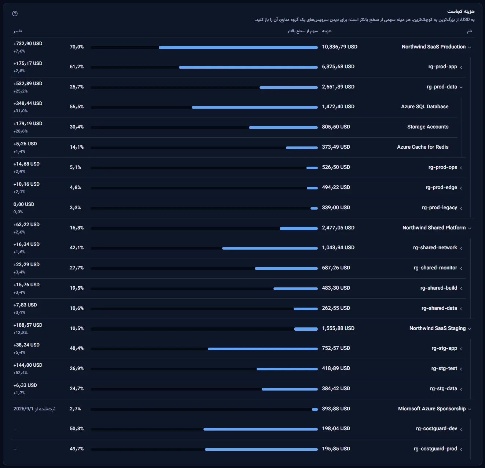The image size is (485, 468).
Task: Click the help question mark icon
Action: (x=15, y=14)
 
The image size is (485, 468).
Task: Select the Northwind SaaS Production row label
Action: (x=433, y=47)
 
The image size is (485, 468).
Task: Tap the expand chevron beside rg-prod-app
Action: (x=461, y=67)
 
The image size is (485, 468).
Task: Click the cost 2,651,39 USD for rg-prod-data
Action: (x=338, y=87)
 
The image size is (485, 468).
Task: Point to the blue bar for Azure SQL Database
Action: (x=255, y=107)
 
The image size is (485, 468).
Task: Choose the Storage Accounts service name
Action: (x=428, y=127)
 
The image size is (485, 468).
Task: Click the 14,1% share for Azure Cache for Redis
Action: (x=77, y=147)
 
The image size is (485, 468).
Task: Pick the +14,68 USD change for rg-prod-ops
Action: (x=26, y=164)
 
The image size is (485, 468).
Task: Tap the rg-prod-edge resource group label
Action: (x=441, y=187)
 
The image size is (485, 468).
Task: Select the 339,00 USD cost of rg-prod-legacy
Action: (x=336, y=207)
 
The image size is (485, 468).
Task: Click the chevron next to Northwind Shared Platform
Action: (x=470, y=228)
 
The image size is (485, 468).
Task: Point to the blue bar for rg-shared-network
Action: (x=270, y=248)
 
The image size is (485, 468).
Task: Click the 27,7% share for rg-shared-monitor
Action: (x=77, y=268)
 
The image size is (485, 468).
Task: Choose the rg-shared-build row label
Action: (x=438, y=288)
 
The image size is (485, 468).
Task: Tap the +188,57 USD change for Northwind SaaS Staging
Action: (x=27, y=325)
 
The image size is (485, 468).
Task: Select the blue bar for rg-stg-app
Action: (x=263, y=349)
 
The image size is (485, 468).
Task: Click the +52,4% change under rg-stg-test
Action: (x=21, y=373)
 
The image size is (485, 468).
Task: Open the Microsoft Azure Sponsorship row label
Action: (x=432, y=409)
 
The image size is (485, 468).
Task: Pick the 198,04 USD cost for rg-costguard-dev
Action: (x=336, y=428)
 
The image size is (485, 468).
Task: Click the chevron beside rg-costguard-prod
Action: (x=461, y=449)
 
